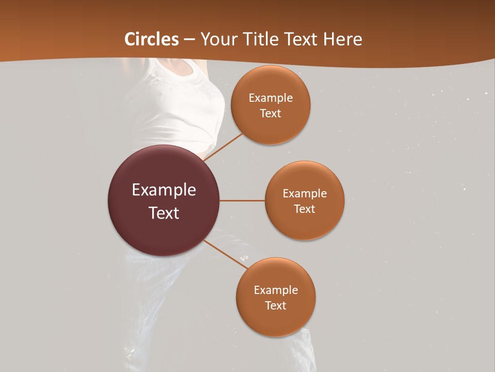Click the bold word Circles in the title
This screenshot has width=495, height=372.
click(x=152, y=39)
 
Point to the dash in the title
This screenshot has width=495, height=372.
click(x=189, y=40)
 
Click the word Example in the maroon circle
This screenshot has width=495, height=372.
click(x=164, y=190)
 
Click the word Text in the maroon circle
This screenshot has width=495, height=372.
click(x=164, y=213)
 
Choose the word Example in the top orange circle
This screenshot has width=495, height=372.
click(x=271, y=98)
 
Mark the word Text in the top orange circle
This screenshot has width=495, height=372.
click(x=271, y=114)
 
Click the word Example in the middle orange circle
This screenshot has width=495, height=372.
click(x=305, y=194)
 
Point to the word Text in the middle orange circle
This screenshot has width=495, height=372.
click(x=305, y=209)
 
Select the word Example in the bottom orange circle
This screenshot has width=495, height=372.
click(x=276, y=290)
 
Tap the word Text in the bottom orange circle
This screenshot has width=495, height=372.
click(x=276, y=306)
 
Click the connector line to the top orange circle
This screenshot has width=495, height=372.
click(x=224, y=147)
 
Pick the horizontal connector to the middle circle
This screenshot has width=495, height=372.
click(x=242, y=200)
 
